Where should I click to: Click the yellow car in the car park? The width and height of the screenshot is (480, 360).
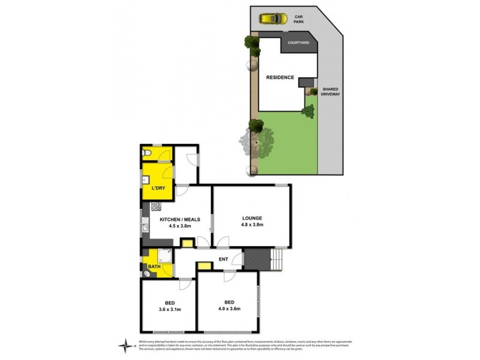point(271,19)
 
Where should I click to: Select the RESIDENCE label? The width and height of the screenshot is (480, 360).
point(281,77)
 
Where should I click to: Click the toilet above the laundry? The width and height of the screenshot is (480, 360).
point(148,154)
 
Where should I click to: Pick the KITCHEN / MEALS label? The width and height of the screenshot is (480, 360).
point(179,220)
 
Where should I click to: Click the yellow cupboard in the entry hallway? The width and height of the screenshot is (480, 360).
point(205,265)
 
